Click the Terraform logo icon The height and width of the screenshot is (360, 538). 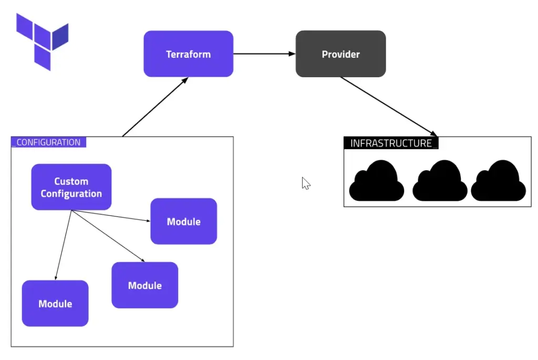tap(42, 42)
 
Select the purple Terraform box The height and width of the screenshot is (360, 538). tap(188, 54)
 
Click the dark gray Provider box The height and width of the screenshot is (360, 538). tap(340, 54)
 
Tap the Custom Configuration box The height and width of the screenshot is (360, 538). tap(71, 187)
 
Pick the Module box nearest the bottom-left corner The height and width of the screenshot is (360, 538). tap(55, 303)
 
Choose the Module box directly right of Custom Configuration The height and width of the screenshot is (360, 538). tap(183, 221)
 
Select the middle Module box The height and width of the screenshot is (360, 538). tap(144, 285)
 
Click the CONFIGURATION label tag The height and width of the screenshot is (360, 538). tap(48, 142)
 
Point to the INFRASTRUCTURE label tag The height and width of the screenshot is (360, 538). tap(391, 143)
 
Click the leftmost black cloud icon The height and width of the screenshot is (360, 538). tap(376, 181)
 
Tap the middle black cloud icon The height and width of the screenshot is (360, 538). tap(439, 181)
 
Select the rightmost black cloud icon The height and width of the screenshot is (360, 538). tap(498, 181)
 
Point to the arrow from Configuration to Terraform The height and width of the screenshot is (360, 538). tap(154, 107)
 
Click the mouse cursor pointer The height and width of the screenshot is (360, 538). tap(306, 183)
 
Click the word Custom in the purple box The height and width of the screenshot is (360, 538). tap(71, 181)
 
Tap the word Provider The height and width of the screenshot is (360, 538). tap(340, 54)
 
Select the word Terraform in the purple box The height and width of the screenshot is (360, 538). tap(188, 54)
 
